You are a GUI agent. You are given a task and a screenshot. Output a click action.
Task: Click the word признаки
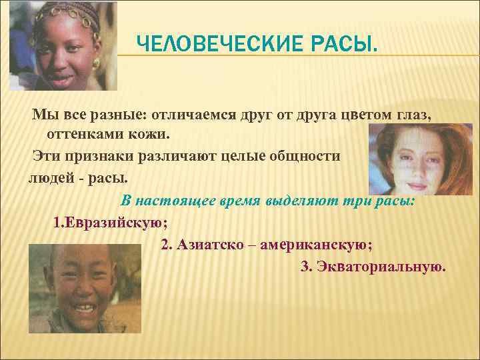[102, 155]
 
